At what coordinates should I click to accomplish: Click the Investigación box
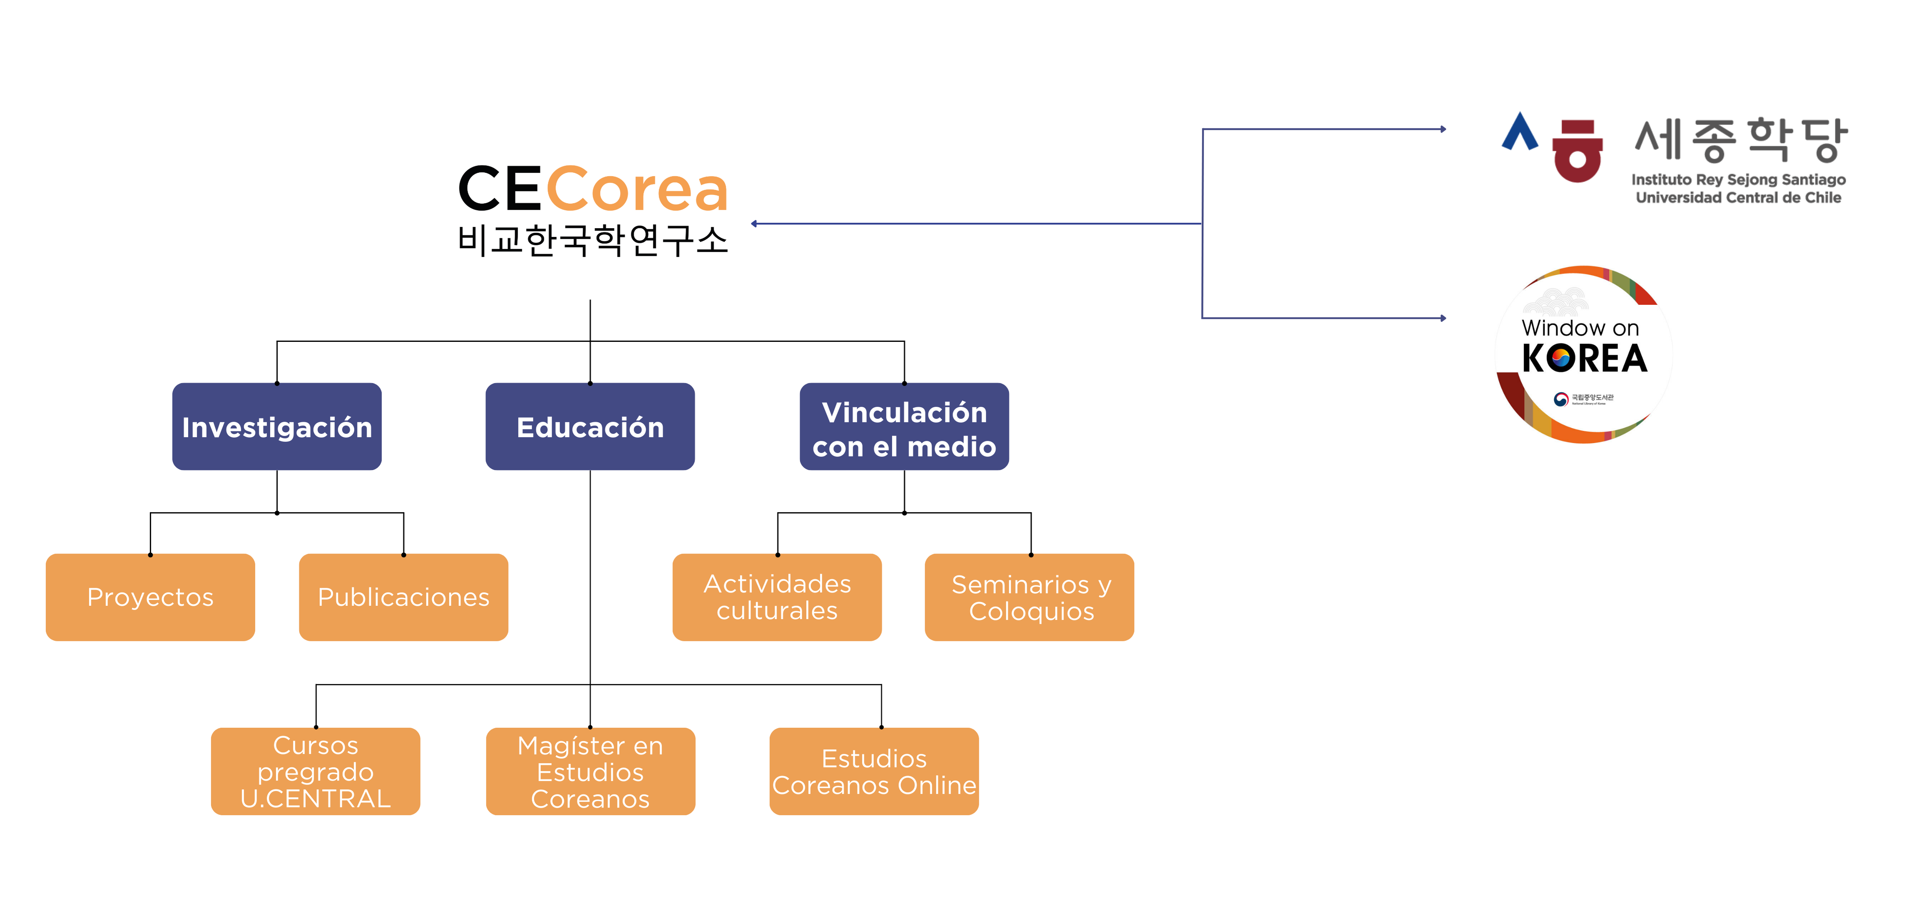[x=276, y=427]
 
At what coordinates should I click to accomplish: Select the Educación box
[x=590, y=427]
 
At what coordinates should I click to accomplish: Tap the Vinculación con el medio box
[x=904, y=427]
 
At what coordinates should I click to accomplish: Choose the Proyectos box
[x=150, y=597]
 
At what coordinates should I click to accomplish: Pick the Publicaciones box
[x=403, y=597]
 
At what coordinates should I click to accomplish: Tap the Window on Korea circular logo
[x=1584, y=354]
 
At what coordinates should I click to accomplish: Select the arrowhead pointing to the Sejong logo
[x=1442, y=129]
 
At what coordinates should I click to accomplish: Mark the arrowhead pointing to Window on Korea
[x=1442, y=318]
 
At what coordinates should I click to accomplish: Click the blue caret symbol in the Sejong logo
[x=1520, y=133]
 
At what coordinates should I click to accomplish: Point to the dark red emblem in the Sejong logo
[x=1577, y=151]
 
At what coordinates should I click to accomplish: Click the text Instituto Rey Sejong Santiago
[x=1738, y=180]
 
